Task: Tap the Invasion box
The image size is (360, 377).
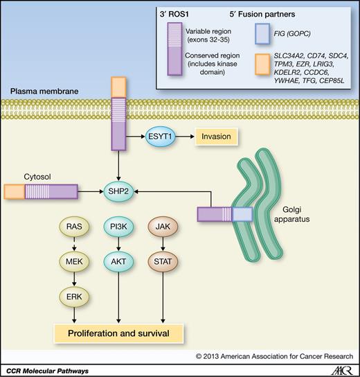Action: tap(214, 137)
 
